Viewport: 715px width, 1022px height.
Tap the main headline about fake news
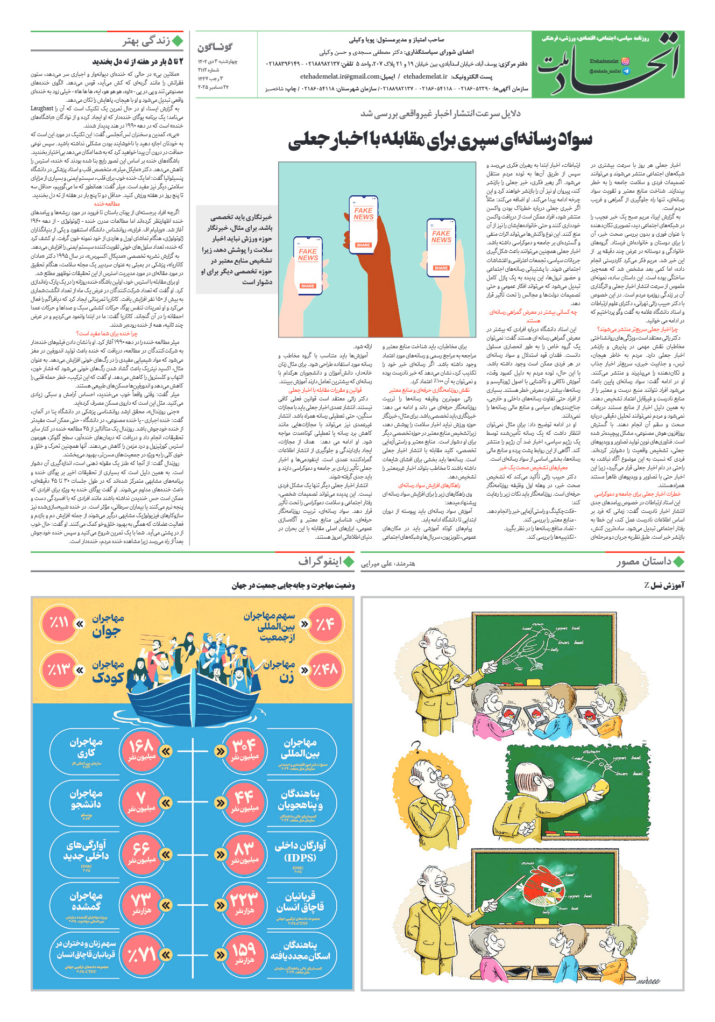(x=440, y=140)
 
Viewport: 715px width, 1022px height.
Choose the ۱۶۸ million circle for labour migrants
(x=141, y=751)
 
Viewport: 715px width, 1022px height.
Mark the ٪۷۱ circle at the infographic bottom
(x=141, y=955)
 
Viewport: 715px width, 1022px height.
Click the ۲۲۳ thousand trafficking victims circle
(x=244, y=904)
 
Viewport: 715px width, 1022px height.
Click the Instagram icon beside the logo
(x=625, y=62)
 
